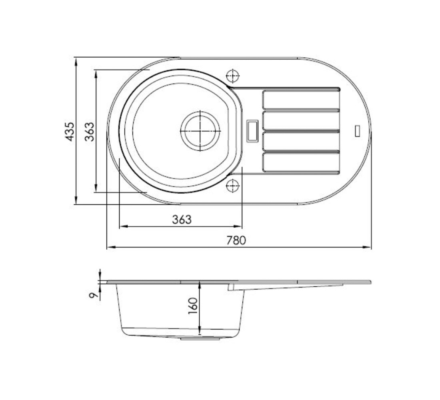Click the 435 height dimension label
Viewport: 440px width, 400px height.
click(69, 131)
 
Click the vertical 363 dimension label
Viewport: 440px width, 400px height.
click(90, 131)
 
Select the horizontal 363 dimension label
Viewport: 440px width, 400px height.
click(182, 220)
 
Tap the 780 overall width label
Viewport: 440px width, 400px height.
click(236, 240)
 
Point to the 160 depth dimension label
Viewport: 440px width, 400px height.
click(193, 306)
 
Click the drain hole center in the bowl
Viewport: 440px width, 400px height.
click(200, 131)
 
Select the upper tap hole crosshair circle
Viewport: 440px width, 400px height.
click(233, 76)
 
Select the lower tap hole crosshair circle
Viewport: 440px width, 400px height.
click(233, 186)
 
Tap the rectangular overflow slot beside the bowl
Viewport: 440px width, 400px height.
click(252, 130)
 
